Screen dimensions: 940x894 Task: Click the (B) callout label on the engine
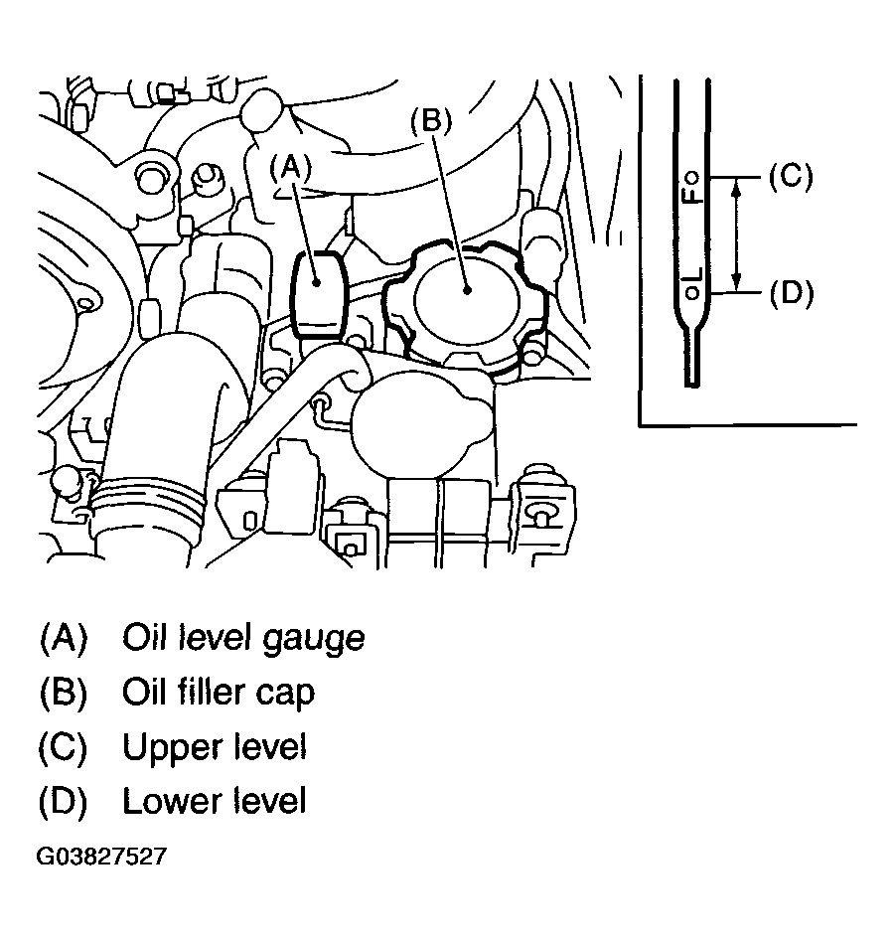tap(431, 120)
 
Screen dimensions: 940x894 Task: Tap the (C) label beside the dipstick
tap(791, 177)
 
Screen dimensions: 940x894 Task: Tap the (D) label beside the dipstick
tap(791, 293)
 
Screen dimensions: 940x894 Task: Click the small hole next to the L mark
tap(693, 292)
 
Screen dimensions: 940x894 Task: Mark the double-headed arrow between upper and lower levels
tap(737, 235)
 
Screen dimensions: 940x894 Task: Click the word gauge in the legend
tap(315, 639)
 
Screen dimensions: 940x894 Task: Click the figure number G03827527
tap(100, 857)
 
